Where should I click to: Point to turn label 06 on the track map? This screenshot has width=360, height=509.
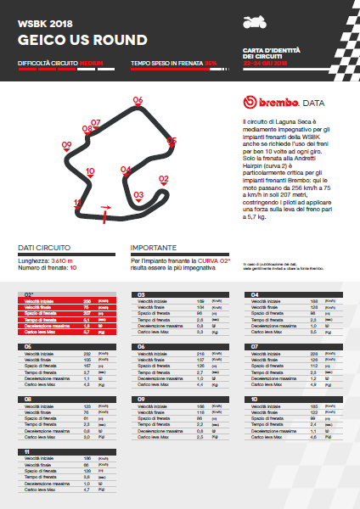tap(138, 100)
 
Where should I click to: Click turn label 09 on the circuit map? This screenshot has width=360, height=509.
tap(67, 145)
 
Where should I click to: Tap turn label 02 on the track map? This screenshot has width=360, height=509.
tap(164, 179)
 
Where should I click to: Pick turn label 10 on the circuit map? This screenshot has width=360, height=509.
tap(90, 171)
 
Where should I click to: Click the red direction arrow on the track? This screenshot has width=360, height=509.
tap(106, 206)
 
